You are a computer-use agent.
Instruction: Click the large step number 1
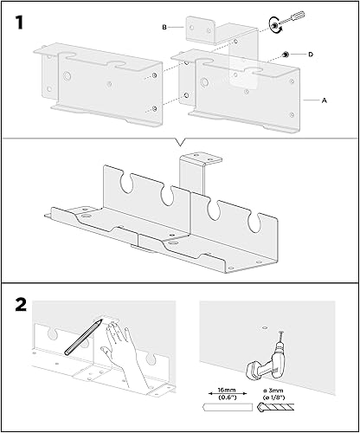tap(19, 23)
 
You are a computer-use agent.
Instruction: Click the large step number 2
tap(21, 304)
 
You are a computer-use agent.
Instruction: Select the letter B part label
tap(164, 28)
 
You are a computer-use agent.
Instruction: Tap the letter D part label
tap(311, 55)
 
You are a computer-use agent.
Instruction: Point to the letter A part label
tap(325, 100)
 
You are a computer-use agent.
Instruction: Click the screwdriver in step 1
tap(292, 18)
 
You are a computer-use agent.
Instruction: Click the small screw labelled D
tap(286, 55)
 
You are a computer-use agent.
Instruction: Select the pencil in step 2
tap(83, 337)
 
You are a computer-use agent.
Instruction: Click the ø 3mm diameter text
tap(271, 391)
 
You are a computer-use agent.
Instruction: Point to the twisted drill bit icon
tap(275, 407)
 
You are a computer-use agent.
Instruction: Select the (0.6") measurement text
tap(228, 397)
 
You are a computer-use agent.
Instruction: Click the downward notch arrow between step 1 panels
tap(180, 142)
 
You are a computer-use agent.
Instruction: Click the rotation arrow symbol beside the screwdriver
tap(274, 25)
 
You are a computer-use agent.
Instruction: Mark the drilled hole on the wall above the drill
tap(265, 328)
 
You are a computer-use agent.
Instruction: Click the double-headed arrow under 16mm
tap(228, 393)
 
